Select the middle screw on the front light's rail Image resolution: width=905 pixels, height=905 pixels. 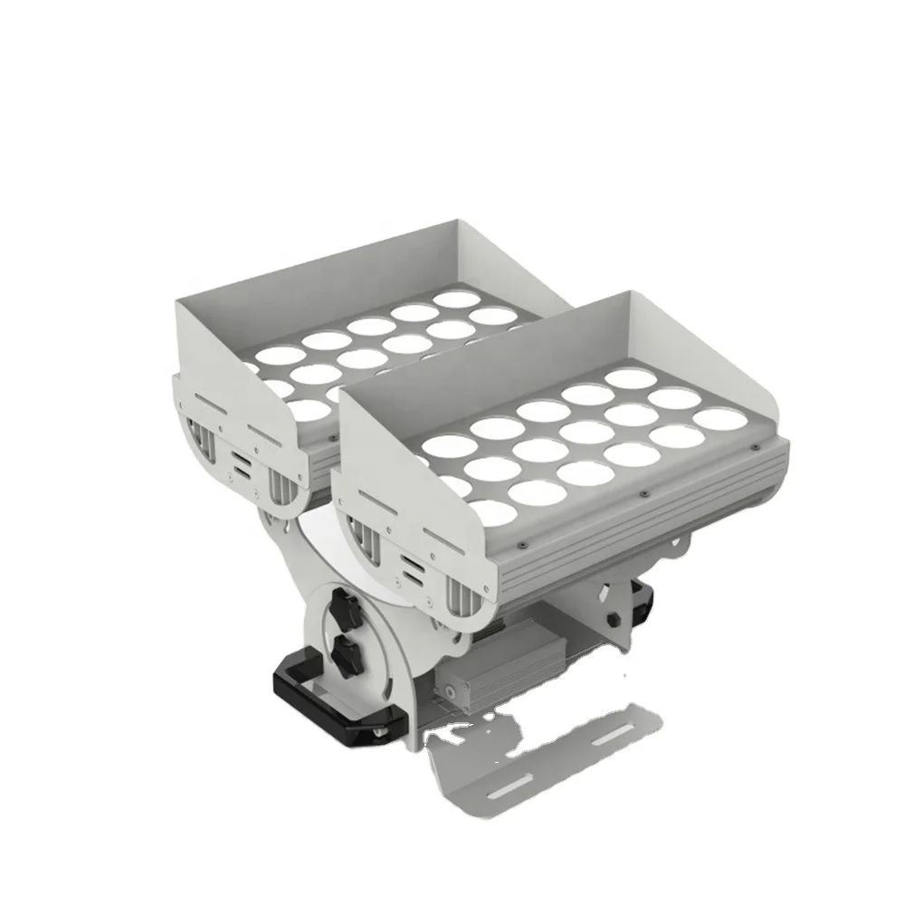point(641,495)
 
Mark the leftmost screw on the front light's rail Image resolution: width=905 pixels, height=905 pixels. point(523,546)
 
